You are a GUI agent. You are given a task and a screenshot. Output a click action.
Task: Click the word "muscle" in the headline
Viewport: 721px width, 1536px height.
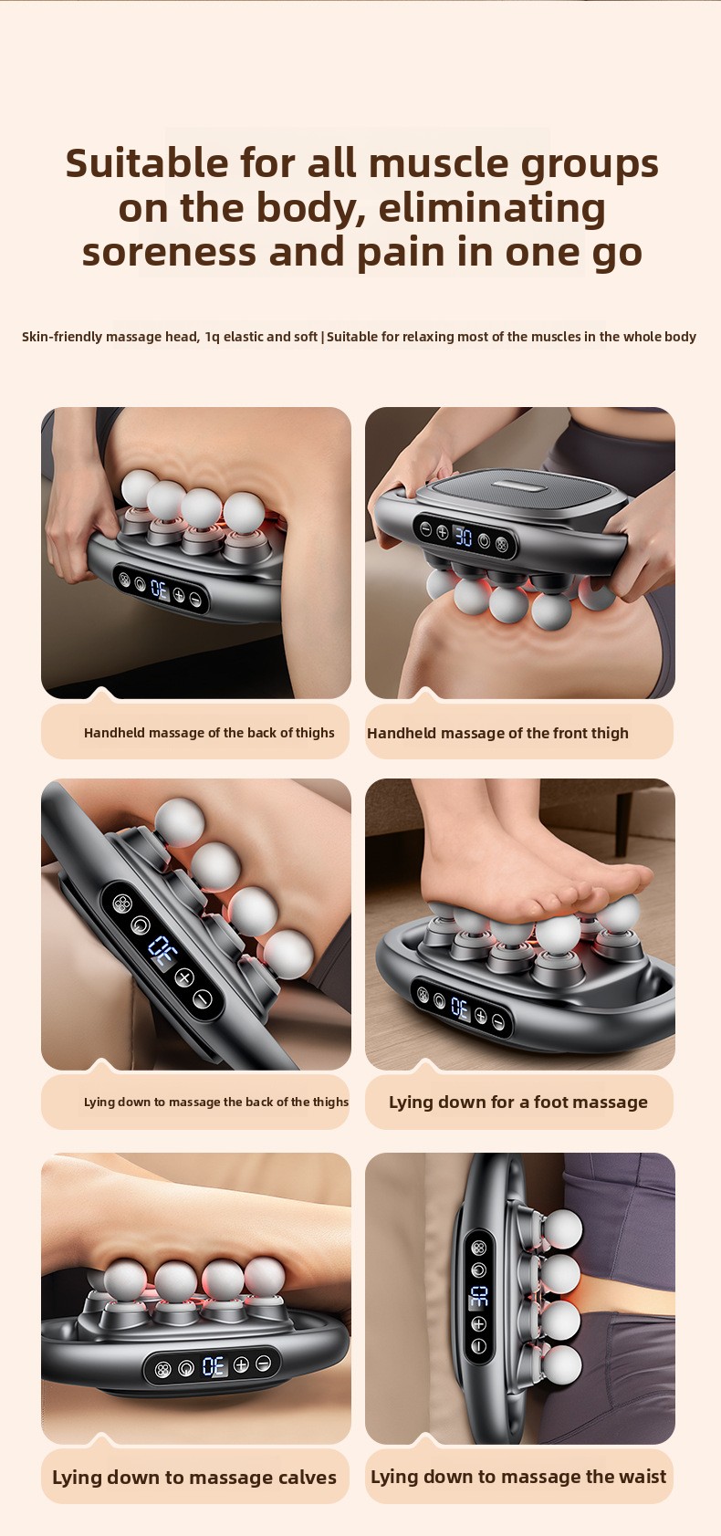coord(438,163)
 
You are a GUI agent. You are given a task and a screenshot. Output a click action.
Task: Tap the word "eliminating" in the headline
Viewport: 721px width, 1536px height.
coord(492,208)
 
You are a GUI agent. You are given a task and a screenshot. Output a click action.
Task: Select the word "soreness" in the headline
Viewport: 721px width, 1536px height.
coord(169,252)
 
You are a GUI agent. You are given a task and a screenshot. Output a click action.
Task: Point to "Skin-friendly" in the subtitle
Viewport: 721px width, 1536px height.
coord(62,337)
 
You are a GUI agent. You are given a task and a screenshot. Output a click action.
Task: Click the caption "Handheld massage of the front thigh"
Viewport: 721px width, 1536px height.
coord(497,733)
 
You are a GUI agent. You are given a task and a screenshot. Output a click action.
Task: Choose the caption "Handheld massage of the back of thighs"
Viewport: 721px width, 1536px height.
coord(209,732)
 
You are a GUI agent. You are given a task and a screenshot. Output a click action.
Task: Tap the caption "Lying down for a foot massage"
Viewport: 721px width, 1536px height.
coord(518,1102)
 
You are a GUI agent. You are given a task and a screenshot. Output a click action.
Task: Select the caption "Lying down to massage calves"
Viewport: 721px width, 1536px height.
coord(194,1477)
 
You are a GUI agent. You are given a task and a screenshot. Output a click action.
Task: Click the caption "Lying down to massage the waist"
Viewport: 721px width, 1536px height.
coord(518,1477)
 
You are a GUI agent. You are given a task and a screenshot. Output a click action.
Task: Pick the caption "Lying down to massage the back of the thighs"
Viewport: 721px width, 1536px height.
coord(216,1102)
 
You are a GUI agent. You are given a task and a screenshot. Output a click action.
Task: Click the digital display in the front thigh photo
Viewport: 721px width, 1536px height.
coord(464,537)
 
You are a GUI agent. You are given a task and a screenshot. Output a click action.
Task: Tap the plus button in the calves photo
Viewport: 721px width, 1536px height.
coord(240,1364)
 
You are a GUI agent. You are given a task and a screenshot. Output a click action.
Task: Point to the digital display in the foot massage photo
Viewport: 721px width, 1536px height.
coord(460,1008)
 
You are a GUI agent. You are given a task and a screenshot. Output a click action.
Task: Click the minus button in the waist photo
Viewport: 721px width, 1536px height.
coord(479,1346)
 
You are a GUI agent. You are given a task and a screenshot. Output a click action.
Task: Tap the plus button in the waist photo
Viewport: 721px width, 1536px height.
coord(479,1323)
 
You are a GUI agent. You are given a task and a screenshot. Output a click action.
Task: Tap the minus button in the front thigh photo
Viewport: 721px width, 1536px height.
coord(426,528)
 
